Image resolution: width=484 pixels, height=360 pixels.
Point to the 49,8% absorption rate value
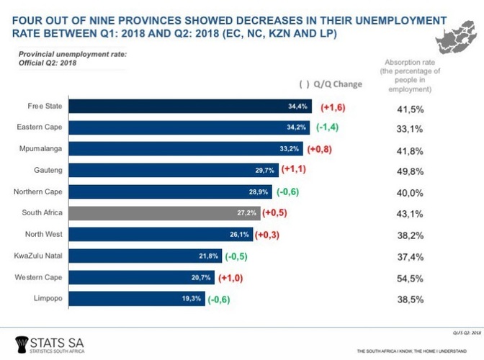pos(411,171)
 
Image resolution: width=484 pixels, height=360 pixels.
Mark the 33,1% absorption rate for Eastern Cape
pos(411,128)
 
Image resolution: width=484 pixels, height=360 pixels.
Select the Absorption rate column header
pos(411,76)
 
